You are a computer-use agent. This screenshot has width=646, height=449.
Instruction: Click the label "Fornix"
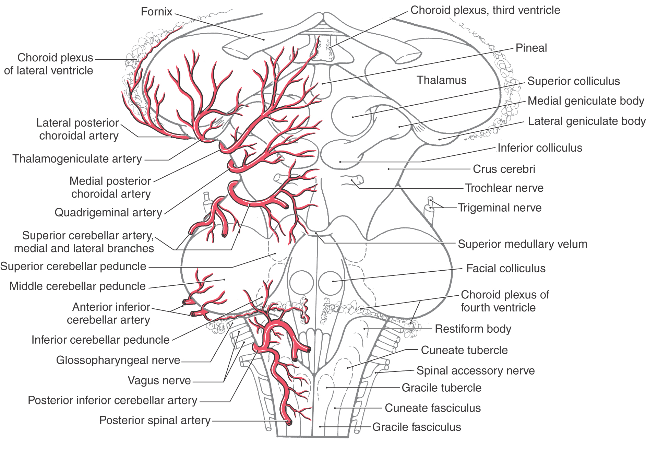click(156, 12)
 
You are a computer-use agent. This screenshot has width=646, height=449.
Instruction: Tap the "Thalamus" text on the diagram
click(442, 80)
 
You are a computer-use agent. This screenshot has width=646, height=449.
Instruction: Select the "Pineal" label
click(531, 48)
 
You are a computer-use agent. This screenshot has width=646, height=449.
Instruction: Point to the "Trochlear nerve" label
click(504, 188)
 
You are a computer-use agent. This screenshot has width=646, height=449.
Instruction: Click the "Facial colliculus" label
click(506, 268)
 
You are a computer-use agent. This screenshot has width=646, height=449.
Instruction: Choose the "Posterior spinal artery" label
click(155, 420)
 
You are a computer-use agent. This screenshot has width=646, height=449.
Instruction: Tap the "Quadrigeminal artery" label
click(108, 213)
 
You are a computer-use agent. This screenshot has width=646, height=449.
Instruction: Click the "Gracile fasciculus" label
click(417, 427)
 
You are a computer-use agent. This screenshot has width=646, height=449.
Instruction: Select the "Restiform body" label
click(473, 329)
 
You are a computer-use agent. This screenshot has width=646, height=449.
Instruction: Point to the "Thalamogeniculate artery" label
click(77, 159)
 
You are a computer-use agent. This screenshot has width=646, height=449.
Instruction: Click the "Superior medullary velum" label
click(523, 244)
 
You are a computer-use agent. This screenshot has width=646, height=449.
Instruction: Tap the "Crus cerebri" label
click(504, 169)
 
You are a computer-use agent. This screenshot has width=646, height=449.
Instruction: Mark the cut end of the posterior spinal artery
click(289, 422)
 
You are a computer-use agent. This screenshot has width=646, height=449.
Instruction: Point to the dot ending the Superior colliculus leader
click(352, 117)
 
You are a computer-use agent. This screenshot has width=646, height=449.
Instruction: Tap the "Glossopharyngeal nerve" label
click(118, 360)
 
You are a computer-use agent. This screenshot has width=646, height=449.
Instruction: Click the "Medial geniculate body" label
click(586, 101)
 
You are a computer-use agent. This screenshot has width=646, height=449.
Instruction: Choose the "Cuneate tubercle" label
click(464, 350)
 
